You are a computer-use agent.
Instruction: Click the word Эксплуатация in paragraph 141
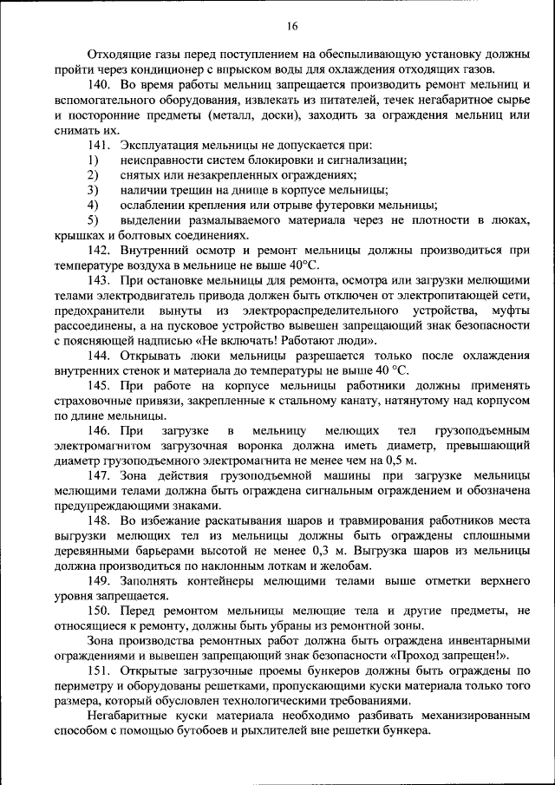tap(162, 145)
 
